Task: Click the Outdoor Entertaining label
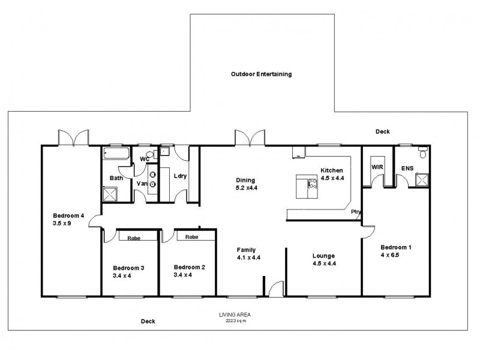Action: click(261, 74)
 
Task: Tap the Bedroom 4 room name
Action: click(68, 216)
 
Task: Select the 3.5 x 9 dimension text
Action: click(62, 224)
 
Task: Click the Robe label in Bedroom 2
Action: click(191, 237)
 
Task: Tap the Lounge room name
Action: click(323, 256)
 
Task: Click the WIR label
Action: click(377, 166)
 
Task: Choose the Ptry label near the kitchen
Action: click(356, 212)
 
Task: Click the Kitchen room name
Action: click(331, 170)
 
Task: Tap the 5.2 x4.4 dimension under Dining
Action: click(247, 188)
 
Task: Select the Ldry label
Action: click(179, 176)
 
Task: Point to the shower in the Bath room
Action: click(110, 194)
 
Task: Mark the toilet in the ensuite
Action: click(423, 154)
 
